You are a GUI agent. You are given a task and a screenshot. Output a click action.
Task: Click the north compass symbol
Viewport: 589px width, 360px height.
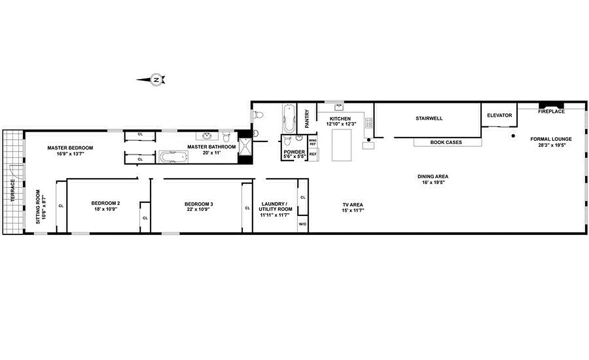click(156, 80)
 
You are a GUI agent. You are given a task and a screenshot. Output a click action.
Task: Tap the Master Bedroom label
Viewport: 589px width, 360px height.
click(70, 148)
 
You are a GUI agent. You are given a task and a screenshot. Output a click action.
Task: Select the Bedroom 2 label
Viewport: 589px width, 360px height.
click(105, 203)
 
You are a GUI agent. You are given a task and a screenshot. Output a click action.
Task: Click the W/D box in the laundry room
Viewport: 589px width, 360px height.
click(302, 224)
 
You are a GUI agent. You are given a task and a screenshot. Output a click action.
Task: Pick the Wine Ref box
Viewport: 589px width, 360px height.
click(313, 142)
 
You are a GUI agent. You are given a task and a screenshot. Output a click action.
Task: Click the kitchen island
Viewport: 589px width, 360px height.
click(342, 145)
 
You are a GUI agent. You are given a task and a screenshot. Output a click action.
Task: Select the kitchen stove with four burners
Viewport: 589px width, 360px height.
click(369, 123)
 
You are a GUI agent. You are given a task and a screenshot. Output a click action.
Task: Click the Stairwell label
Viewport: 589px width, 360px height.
click(429, 118)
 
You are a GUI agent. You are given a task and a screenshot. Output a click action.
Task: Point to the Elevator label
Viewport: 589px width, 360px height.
click(499, 115)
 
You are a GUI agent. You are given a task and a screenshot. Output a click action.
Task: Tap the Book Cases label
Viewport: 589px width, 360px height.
click(446, 142)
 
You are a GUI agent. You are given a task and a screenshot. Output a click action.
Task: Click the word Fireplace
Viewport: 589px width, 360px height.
click(551, 111)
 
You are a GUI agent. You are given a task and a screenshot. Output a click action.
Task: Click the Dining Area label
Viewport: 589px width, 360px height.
click(433, 176)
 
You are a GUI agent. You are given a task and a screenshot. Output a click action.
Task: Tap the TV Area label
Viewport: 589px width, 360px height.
click(353, 205)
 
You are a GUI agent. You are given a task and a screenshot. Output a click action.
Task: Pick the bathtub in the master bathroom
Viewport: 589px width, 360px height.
click(173, 157)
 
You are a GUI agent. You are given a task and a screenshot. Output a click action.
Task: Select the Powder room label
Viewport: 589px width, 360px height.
click(294, 152)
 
